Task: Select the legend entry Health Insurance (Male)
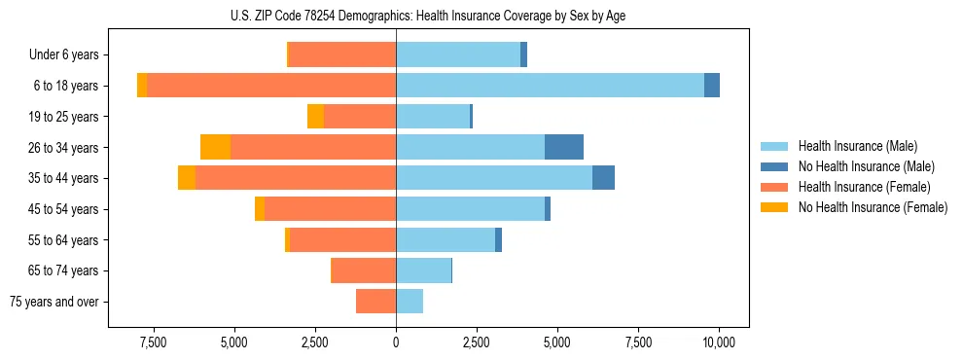point(857,147)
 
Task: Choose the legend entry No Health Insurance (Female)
point(873,207)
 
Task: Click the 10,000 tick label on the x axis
point(718,342)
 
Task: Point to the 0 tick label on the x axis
point(396,342)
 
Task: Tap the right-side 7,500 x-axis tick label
point(638,342)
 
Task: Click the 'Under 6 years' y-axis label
point(63,55)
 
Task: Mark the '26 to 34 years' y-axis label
point(64,148)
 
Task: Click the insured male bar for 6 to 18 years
point(550,86)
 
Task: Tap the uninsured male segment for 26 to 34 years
point(564,147)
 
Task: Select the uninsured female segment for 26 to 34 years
point(215,147)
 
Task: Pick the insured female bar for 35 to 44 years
point(296,178)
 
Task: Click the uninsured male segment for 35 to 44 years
point(603,178)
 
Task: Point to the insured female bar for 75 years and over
point(375,302)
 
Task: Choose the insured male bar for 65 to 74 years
point(423,270)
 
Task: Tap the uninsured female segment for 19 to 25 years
point(315,117)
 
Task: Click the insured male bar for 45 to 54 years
point(470,209)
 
